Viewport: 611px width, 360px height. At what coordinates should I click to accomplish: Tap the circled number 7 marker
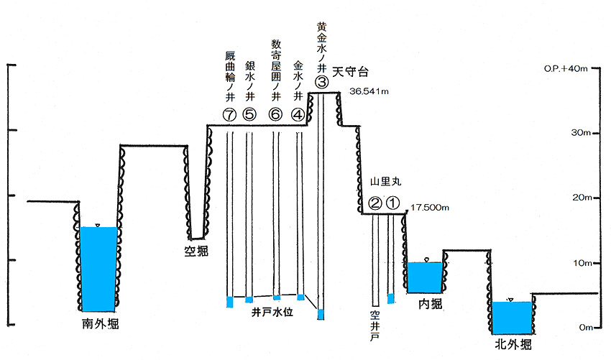tap(230, 114)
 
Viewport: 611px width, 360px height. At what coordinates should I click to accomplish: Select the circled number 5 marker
tap(249, 114)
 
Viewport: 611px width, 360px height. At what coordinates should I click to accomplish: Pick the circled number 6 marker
tap(275, 114)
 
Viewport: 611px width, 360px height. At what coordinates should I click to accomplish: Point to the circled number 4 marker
tap(298, 114)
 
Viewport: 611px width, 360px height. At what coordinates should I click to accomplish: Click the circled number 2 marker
tap(375, 203)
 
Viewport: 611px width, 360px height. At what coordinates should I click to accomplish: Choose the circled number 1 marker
tap(392, 203)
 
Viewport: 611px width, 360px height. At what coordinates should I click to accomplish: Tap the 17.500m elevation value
tap(431, 208)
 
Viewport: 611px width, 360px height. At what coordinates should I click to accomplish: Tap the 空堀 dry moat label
tap(195, 250)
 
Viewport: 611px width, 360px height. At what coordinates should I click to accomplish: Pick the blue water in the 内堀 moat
tap(425, 277)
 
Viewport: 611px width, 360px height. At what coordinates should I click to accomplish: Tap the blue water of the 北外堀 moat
tap(511, 317)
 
